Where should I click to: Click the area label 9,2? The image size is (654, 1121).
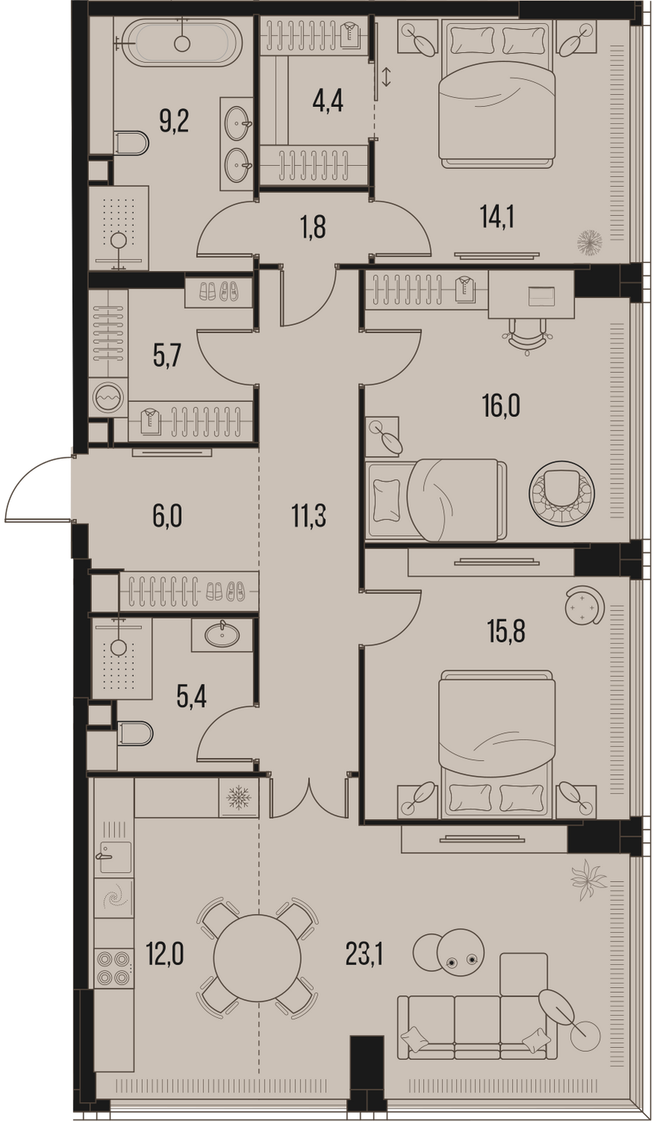coord(174,122)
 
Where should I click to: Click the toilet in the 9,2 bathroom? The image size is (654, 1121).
coord(131,143)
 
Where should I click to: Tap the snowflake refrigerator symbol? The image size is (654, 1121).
coord(238,797)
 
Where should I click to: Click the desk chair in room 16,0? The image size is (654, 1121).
coord(527,336)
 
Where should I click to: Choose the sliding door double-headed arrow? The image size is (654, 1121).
coord(386,76)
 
